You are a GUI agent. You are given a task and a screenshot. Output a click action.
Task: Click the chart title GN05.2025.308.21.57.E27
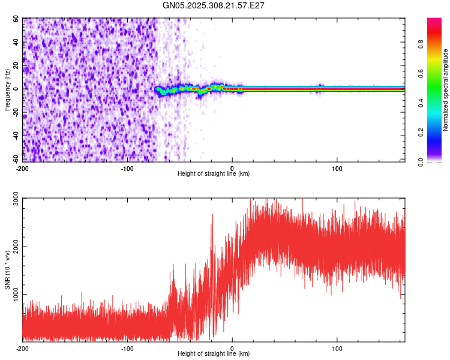pyautogui.click(x=214, y=5)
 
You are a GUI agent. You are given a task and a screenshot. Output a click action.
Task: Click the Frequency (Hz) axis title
pyautogui.click(x=7, y=90)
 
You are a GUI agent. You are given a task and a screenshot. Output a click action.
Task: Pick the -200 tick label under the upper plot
pyautogui.click(x=23, y=167)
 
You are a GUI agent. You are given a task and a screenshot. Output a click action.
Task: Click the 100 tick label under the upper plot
pyautogui.click(x=337, y=167)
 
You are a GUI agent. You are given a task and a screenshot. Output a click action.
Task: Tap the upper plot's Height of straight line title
pyautogui.click(x=214, y=174)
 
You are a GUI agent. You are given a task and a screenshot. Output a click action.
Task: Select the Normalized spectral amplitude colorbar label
pyautogui.click(x=446, y=90)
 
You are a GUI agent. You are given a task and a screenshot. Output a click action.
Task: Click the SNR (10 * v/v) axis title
pyautogui.click(x=7, y=270)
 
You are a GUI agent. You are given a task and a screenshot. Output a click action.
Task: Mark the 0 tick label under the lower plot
pyautogui.click(x=232, y=347)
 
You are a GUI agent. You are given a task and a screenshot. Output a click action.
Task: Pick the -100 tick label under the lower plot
pyautogui.click(x=127, y=347)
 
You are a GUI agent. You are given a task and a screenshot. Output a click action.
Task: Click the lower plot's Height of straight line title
pyautogui.click(x=214, y=354)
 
